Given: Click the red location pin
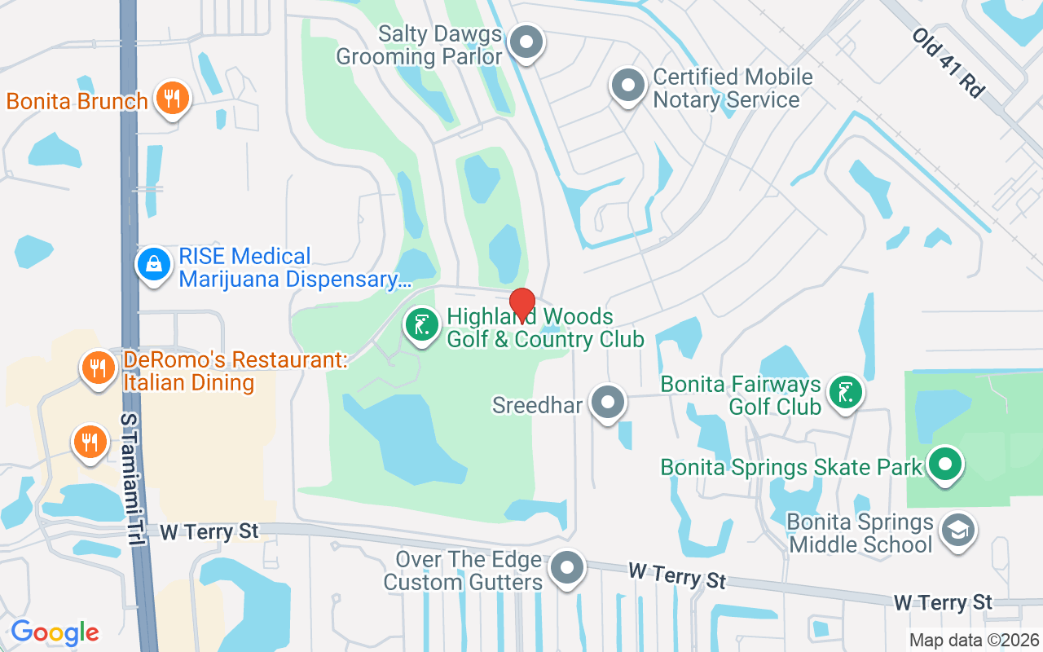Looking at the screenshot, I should click(521, 304).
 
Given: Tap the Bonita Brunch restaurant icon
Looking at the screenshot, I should click(171, 99).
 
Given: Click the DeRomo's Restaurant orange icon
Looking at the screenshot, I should click(98, 368).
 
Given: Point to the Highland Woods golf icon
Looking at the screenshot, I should click(421, 326).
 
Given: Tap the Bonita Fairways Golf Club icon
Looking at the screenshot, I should click(846, 393).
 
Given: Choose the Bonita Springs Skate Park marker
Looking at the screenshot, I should click(945, 466).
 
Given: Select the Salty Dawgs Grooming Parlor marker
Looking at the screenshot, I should click(526, 42).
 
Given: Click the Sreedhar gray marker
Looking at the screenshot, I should click(607, 403).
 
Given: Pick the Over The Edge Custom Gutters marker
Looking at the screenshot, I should click(566, 568).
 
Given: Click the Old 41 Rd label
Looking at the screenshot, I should click(947, 63).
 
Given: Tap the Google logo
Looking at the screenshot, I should click(55, 632).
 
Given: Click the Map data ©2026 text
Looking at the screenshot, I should click(974, 640).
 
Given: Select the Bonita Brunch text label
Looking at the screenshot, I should click(77, 102).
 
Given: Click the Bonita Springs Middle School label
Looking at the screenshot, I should click(861, 533).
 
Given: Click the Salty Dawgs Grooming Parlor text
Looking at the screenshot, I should click(420, 46).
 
